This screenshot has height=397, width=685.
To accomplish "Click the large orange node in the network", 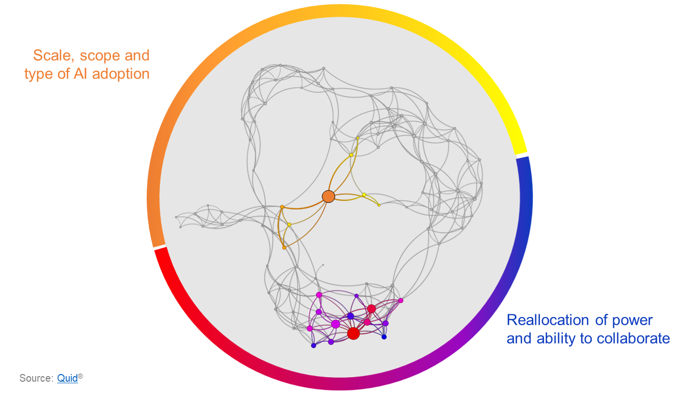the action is pyautogui.click(x=328, y=196).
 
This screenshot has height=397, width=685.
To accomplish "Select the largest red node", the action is pyautogui.click(x=353, y=333).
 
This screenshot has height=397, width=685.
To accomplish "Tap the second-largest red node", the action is pyautogui.click(x=372, y=308).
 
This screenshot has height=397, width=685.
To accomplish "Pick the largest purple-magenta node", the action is pyautogui.click(x=336, y=324).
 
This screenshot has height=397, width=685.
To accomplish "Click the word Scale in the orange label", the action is pyautogui.click(x=51, y=55).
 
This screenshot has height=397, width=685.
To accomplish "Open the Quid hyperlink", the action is pyautogui.click(x=67, y=379).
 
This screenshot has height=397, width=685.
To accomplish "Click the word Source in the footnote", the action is pyautogui.click(x=36, y=379).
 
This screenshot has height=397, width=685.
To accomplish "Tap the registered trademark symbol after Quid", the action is pyautogui.click(x=80, y=376).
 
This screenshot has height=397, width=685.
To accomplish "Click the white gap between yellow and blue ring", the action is pyautogui.click(x=522, y=154).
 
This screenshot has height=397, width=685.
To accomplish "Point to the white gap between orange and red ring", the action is pyautogui.click(x=159, y=247).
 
